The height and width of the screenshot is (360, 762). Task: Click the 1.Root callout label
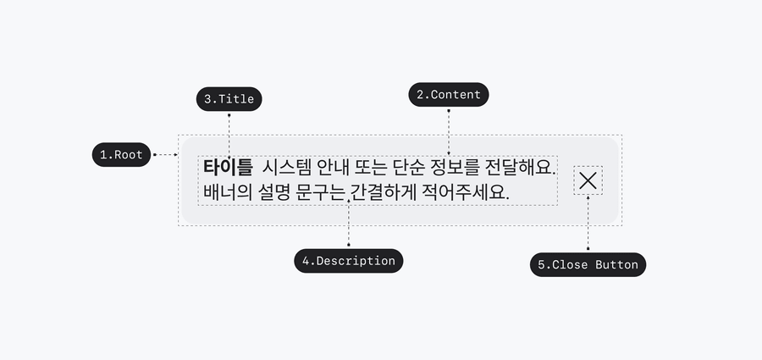[122, 155]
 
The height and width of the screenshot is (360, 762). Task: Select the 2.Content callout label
[449, 95]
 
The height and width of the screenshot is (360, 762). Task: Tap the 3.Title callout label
[229, 99]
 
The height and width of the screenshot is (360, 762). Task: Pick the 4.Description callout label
[349, 261]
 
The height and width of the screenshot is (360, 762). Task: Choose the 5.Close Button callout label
[588, 265]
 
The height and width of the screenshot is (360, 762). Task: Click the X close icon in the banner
[588, 180]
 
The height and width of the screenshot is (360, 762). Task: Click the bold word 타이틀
[228, 167]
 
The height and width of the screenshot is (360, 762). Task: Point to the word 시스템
[285, 167]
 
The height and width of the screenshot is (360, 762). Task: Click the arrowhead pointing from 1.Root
[174, 155]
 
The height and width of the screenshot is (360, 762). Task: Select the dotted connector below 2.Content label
[449, 123]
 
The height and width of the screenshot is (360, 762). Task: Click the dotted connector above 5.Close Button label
[588, 224]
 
